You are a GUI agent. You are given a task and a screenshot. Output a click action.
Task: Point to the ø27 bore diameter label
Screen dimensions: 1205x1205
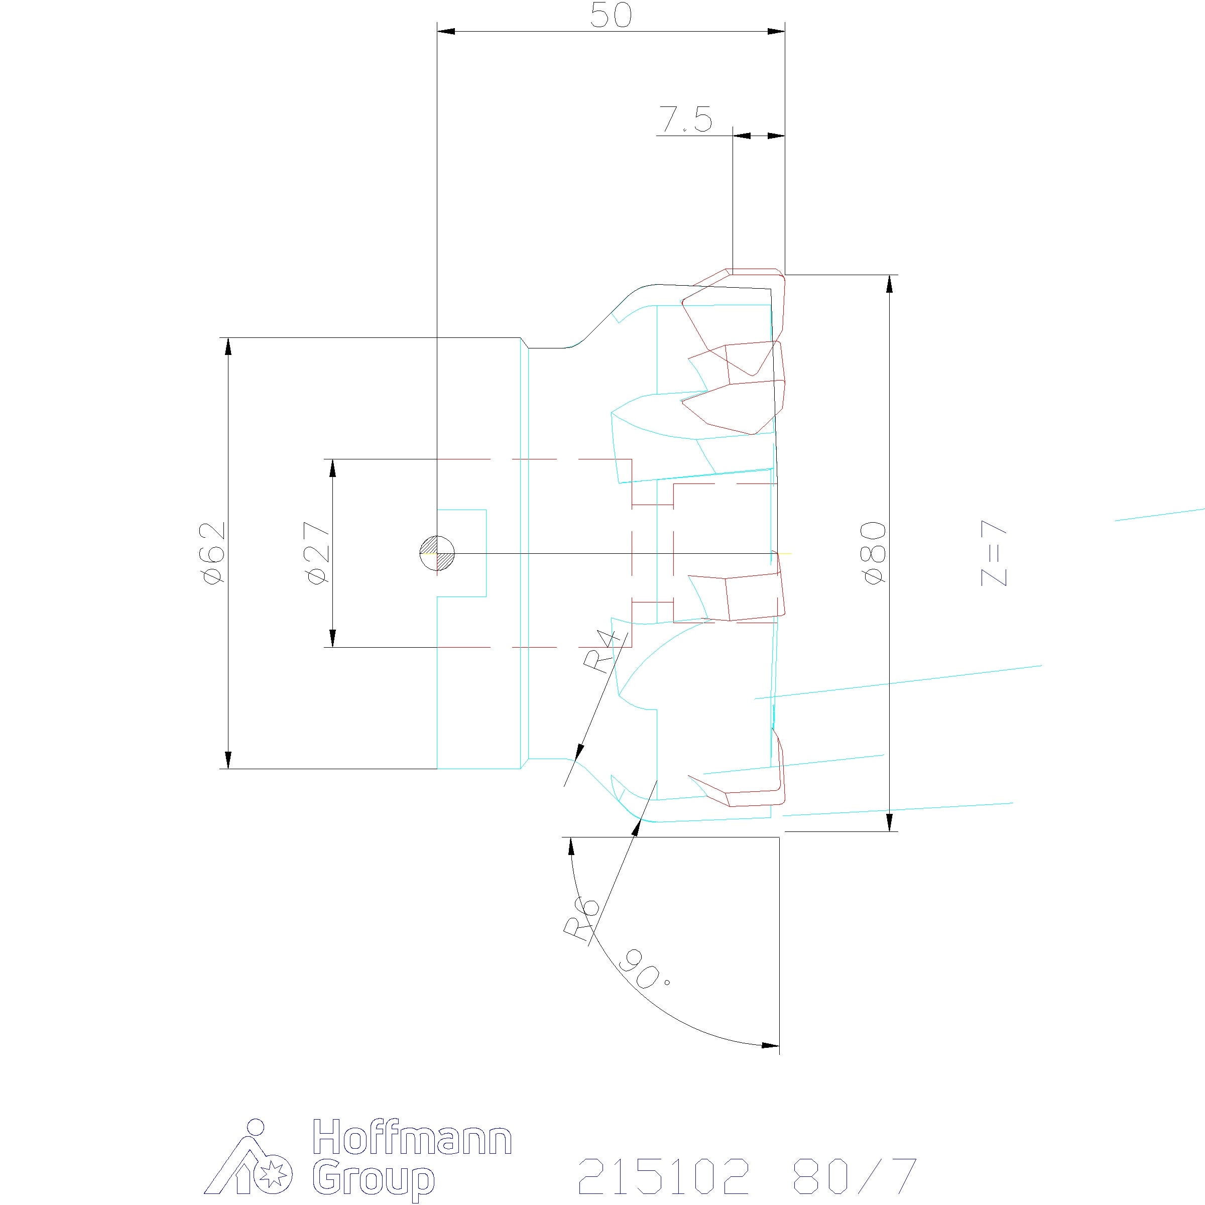[318, 553]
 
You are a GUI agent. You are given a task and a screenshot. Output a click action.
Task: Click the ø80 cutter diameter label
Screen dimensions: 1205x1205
[875, 553]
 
